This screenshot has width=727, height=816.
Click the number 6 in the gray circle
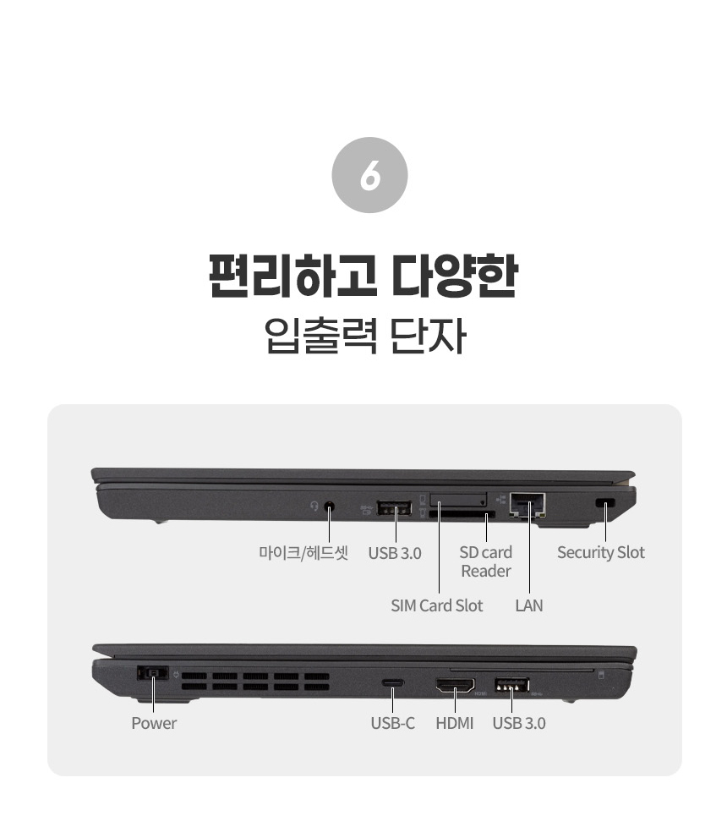pos(370,175)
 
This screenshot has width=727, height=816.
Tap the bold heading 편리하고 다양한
pos(363,276)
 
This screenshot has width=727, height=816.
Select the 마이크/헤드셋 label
pos(303,553)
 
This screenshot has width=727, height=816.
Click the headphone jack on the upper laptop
pos(329,507)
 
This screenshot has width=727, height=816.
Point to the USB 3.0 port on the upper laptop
pos(394,508)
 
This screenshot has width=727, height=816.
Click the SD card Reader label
pos(486,561)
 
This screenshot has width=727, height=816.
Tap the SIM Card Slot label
pos(436,605)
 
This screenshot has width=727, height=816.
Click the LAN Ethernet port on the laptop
pos(527,504)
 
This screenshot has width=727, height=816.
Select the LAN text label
pos(528,605)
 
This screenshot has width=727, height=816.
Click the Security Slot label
pos(600,553)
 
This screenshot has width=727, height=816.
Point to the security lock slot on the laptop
pos(604,503)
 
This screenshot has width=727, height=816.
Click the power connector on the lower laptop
pos(152,674)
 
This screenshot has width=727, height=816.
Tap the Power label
pos(154,723)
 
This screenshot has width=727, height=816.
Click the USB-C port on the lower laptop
pos(392,682)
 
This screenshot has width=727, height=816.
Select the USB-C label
pos(392,723)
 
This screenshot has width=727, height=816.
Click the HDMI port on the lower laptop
pos(456,686)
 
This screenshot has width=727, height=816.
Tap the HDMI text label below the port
pos(454,723)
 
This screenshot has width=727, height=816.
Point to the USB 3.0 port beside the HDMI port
pos(511,685)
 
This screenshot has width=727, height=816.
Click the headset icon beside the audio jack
pos(314,506)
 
